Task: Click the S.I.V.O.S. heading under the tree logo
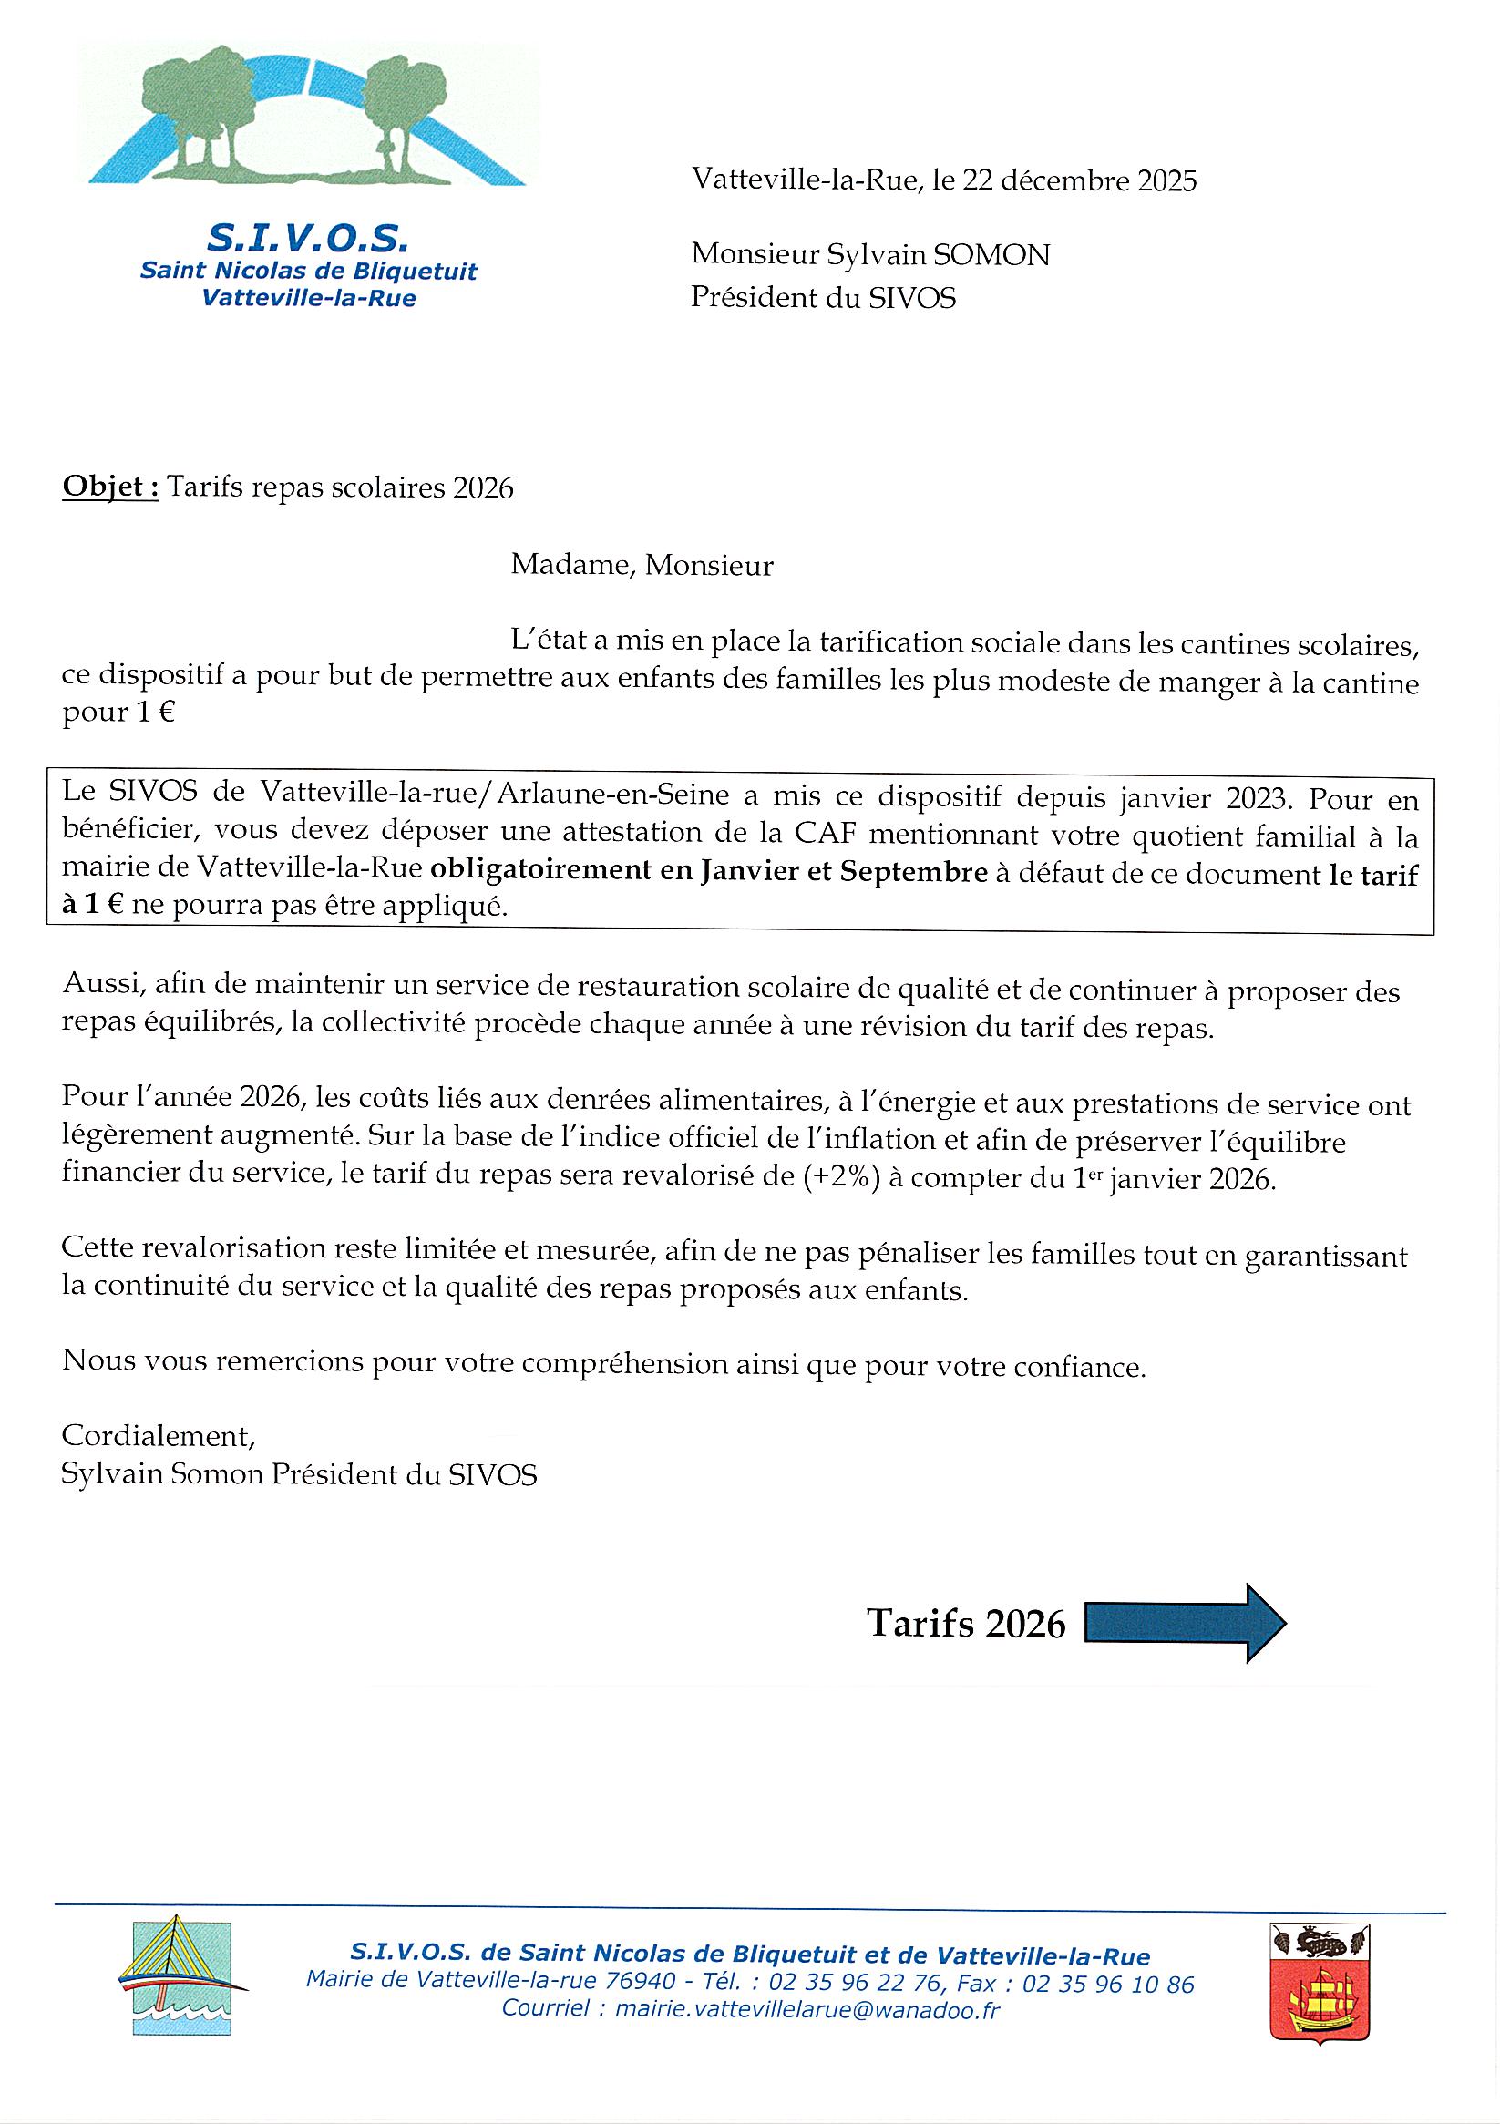tap(308, 239)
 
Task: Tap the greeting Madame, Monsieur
tap(642, 564)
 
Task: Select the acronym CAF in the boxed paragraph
tap(821, 836)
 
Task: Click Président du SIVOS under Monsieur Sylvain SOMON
tap(823, 298)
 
